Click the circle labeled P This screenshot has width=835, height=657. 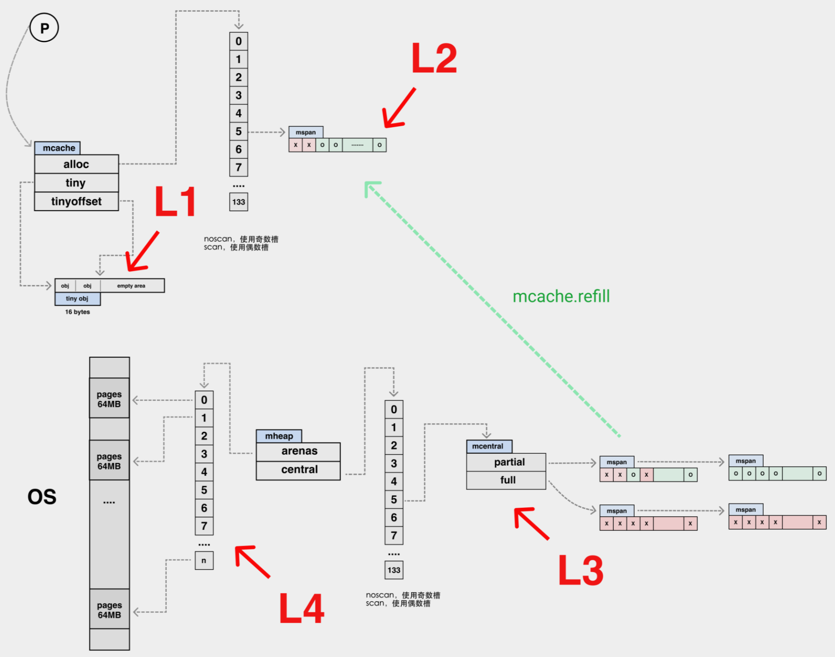coord(44,28)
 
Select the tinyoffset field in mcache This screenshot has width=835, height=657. coord(76,201)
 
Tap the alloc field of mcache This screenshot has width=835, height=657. coord(76,164)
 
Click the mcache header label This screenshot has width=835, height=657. coord(58,148)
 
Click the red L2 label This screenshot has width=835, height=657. coord(434,58)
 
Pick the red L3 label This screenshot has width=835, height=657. coord(581,570)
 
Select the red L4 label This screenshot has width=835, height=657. coord(302,608)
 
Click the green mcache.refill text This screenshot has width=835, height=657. coord(561,296)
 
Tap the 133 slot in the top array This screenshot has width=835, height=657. coord(239,202)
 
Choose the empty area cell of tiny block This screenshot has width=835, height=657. coord(131,286)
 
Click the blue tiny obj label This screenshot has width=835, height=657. coord(77,298)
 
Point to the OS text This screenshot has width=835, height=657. coord(42,497)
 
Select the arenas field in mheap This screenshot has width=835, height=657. coord(299,451)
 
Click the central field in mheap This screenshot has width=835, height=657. coord(299,470)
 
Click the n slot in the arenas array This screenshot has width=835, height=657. coord(204,560)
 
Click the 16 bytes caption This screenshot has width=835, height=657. coord(77,312)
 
